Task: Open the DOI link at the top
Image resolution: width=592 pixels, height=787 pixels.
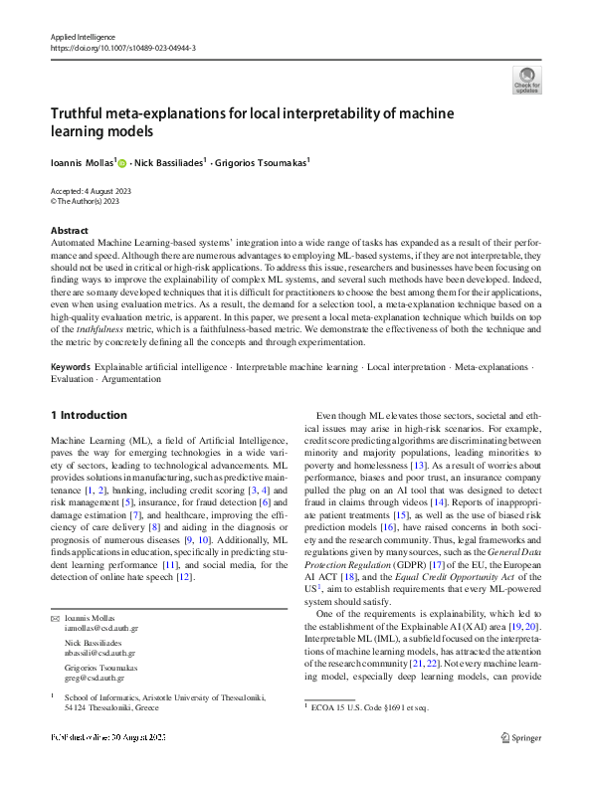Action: click(122, 47)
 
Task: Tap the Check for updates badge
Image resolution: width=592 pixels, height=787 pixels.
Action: click(526, 80)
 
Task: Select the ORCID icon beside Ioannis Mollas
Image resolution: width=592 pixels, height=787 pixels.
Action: click(123, 160)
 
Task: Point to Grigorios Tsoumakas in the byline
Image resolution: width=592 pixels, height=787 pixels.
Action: click(263, 159)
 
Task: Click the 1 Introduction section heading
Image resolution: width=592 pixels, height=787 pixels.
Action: click(89, 415)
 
